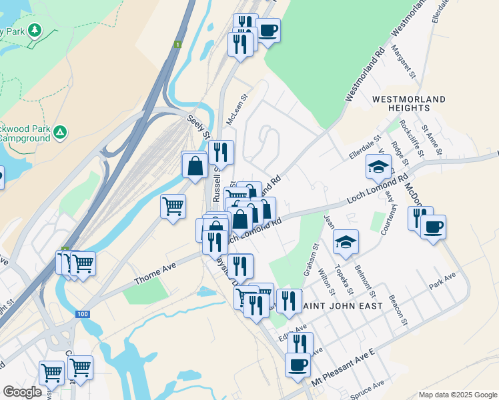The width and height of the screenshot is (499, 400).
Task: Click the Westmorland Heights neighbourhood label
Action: [x=409, y=103]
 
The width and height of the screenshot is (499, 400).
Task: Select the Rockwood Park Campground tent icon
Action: [x=61, y=133]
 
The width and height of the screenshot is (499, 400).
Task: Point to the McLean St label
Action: [x=237, y=105]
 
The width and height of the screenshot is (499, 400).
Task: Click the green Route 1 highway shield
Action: [x=177, y=45]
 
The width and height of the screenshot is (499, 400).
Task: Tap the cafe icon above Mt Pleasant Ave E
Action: [x=298, y=365]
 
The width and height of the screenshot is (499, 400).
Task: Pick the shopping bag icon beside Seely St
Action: [x=194, y=165]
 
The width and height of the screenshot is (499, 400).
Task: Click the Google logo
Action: [x=23, y=392]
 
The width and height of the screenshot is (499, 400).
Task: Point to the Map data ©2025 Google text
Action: [x=457, y=394]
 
